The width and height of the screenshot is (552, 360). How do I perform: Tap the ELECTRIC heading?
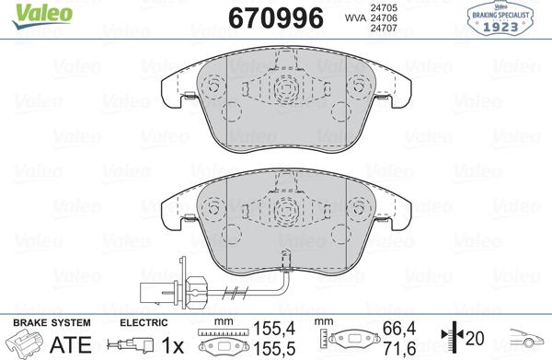(x=145, y=323)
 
